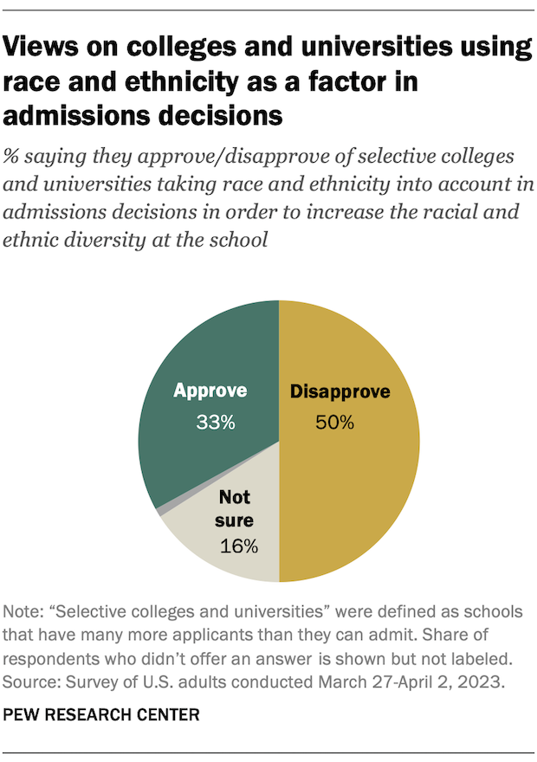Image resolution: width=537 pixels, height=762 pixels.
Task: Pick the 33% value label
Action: pyautogui.click(x=210, y=423)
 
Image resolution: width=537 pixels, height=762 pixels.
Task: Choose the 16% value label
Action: pyautogui.click(x=238, y=546)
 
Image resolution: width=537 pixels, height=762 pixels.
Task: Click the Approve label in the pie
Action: pyautogui.click(x=210, y=391)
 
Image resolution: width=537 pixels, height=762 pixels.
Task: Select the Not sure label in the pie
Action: pyautogui.click(x=234, y=509)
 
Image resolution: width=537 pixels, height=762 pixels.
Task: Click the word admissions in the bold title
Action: pyautogui.click(x=79, y=114)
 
